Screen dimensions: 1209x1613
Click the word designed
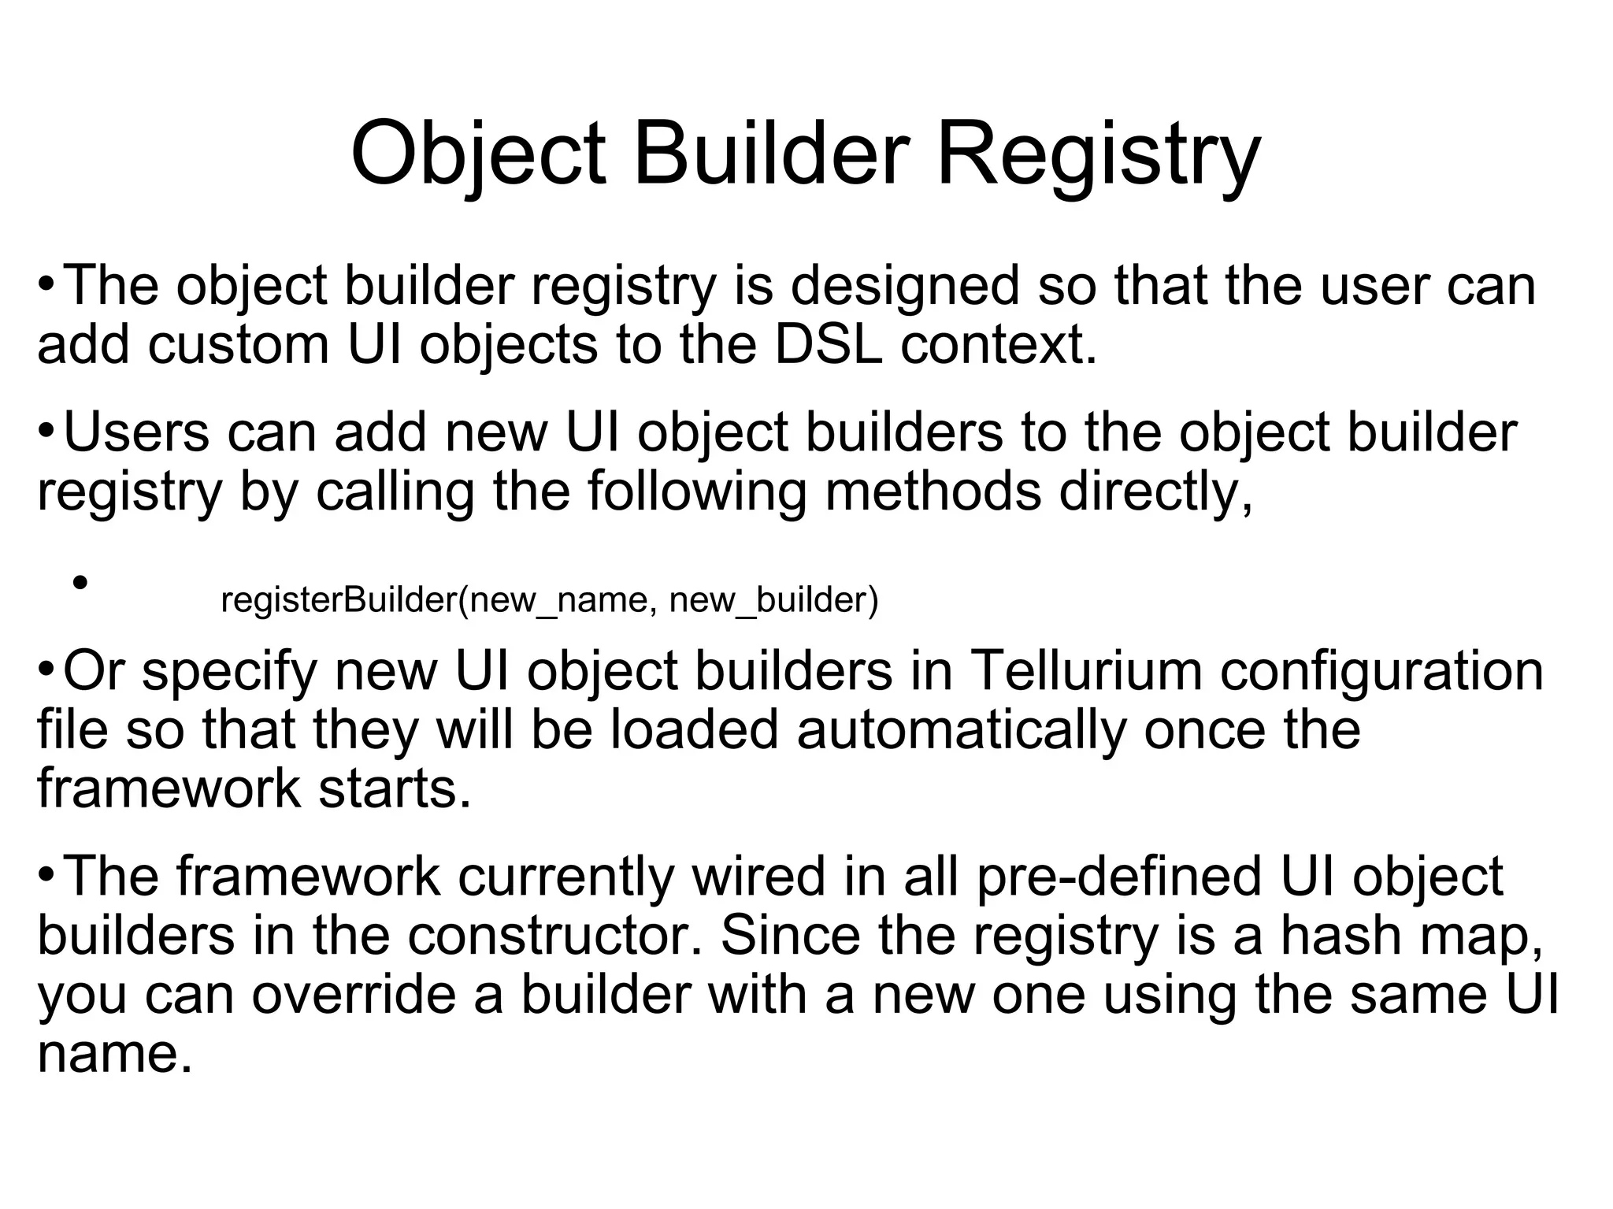click(905, 286)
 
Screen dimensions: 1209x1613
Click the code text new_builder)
click(773, 601)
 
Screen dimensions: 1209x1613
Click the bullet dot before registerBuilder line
click(79, 584)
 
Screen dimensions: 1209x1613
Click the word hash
click(1335, 935)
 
